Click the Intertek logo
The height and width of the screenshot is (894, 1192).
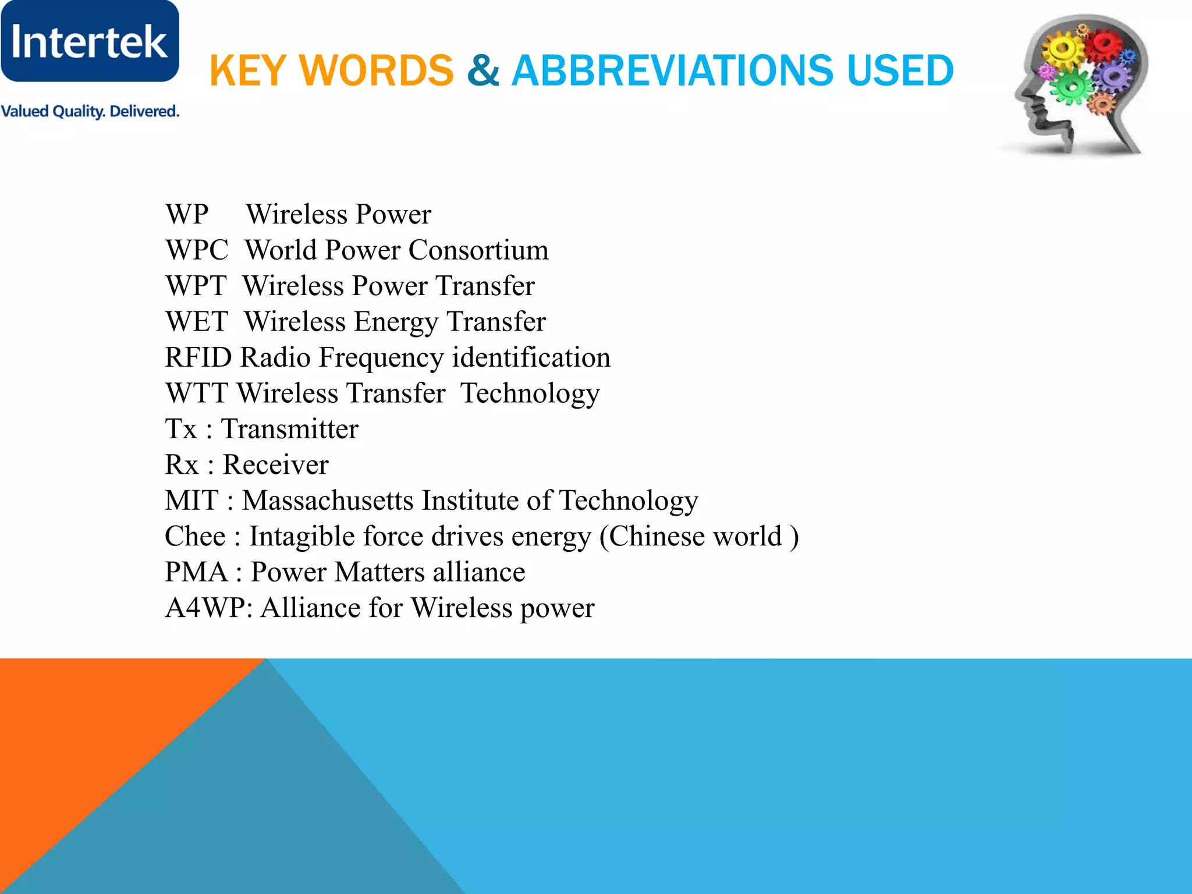(x=90, y=41)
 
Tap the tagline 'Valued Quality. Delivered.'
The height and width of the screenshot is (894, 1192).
(x=90, y=111)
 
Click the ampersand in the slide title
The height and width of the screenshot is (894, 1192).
(x=483, y=70)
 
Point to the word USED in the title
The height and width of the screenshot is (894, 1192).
(x=900, y=70)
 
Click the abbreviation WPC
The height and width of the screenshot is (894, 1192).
(x=197, y=250)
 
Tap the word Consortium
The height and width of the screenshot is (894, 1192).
(x=478, y=250)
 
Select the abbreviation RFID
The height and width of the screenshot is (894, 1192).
(x=198, y=357)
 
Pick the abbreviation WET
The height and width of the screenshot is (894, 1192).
(x=197, y=322)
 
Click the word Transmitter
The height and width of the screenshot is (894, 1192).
(x=290, y=429)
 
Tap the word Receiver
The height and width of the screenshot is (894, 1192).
(x=276, y=465)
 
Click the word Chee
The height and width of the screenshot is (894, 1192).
(x=195, y=536)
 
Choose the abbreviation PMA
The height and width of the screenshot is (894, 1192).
(x=196, y=572)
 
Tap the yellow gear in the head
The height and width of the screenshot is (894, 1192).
(x=1063, y=50)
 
